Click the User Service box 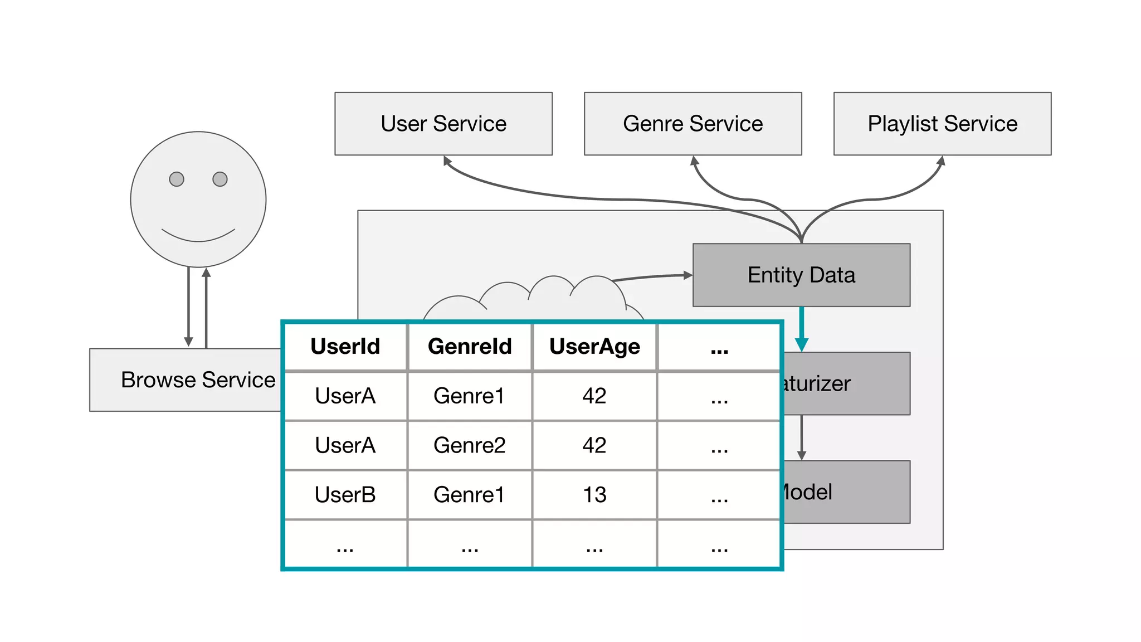[443, 124]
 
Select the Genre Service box [693, 124]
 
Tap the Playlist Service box [942, 124]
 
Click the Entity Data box [801, 275]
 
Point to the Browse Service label [198, 380]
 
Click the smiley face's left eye [177, 179]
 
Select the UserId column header [345, 347]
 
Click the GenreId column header [470, 347]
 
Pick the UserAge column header [594, 347]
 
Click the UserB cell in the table [345, 495]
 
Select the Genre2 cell [470, 445]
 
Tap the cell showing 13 [594, 495]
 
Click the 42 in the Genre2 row [594, 445]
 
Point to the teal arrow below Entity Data [802, 329]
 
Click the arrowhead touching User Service [447, 161]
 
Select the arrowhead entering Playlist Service [940, 162]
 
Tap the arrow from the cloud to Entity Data [652, 276]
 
